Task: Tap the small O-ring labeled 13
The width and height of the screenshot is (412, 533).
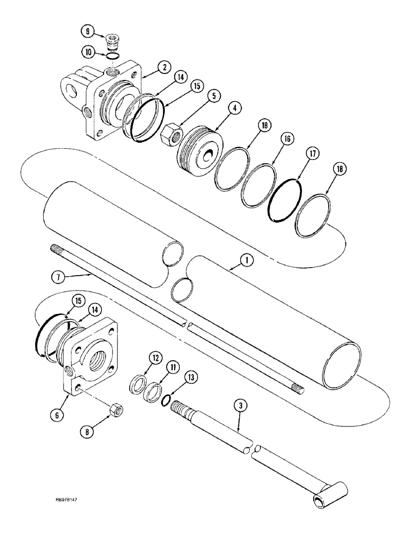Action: pos(167,399)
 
